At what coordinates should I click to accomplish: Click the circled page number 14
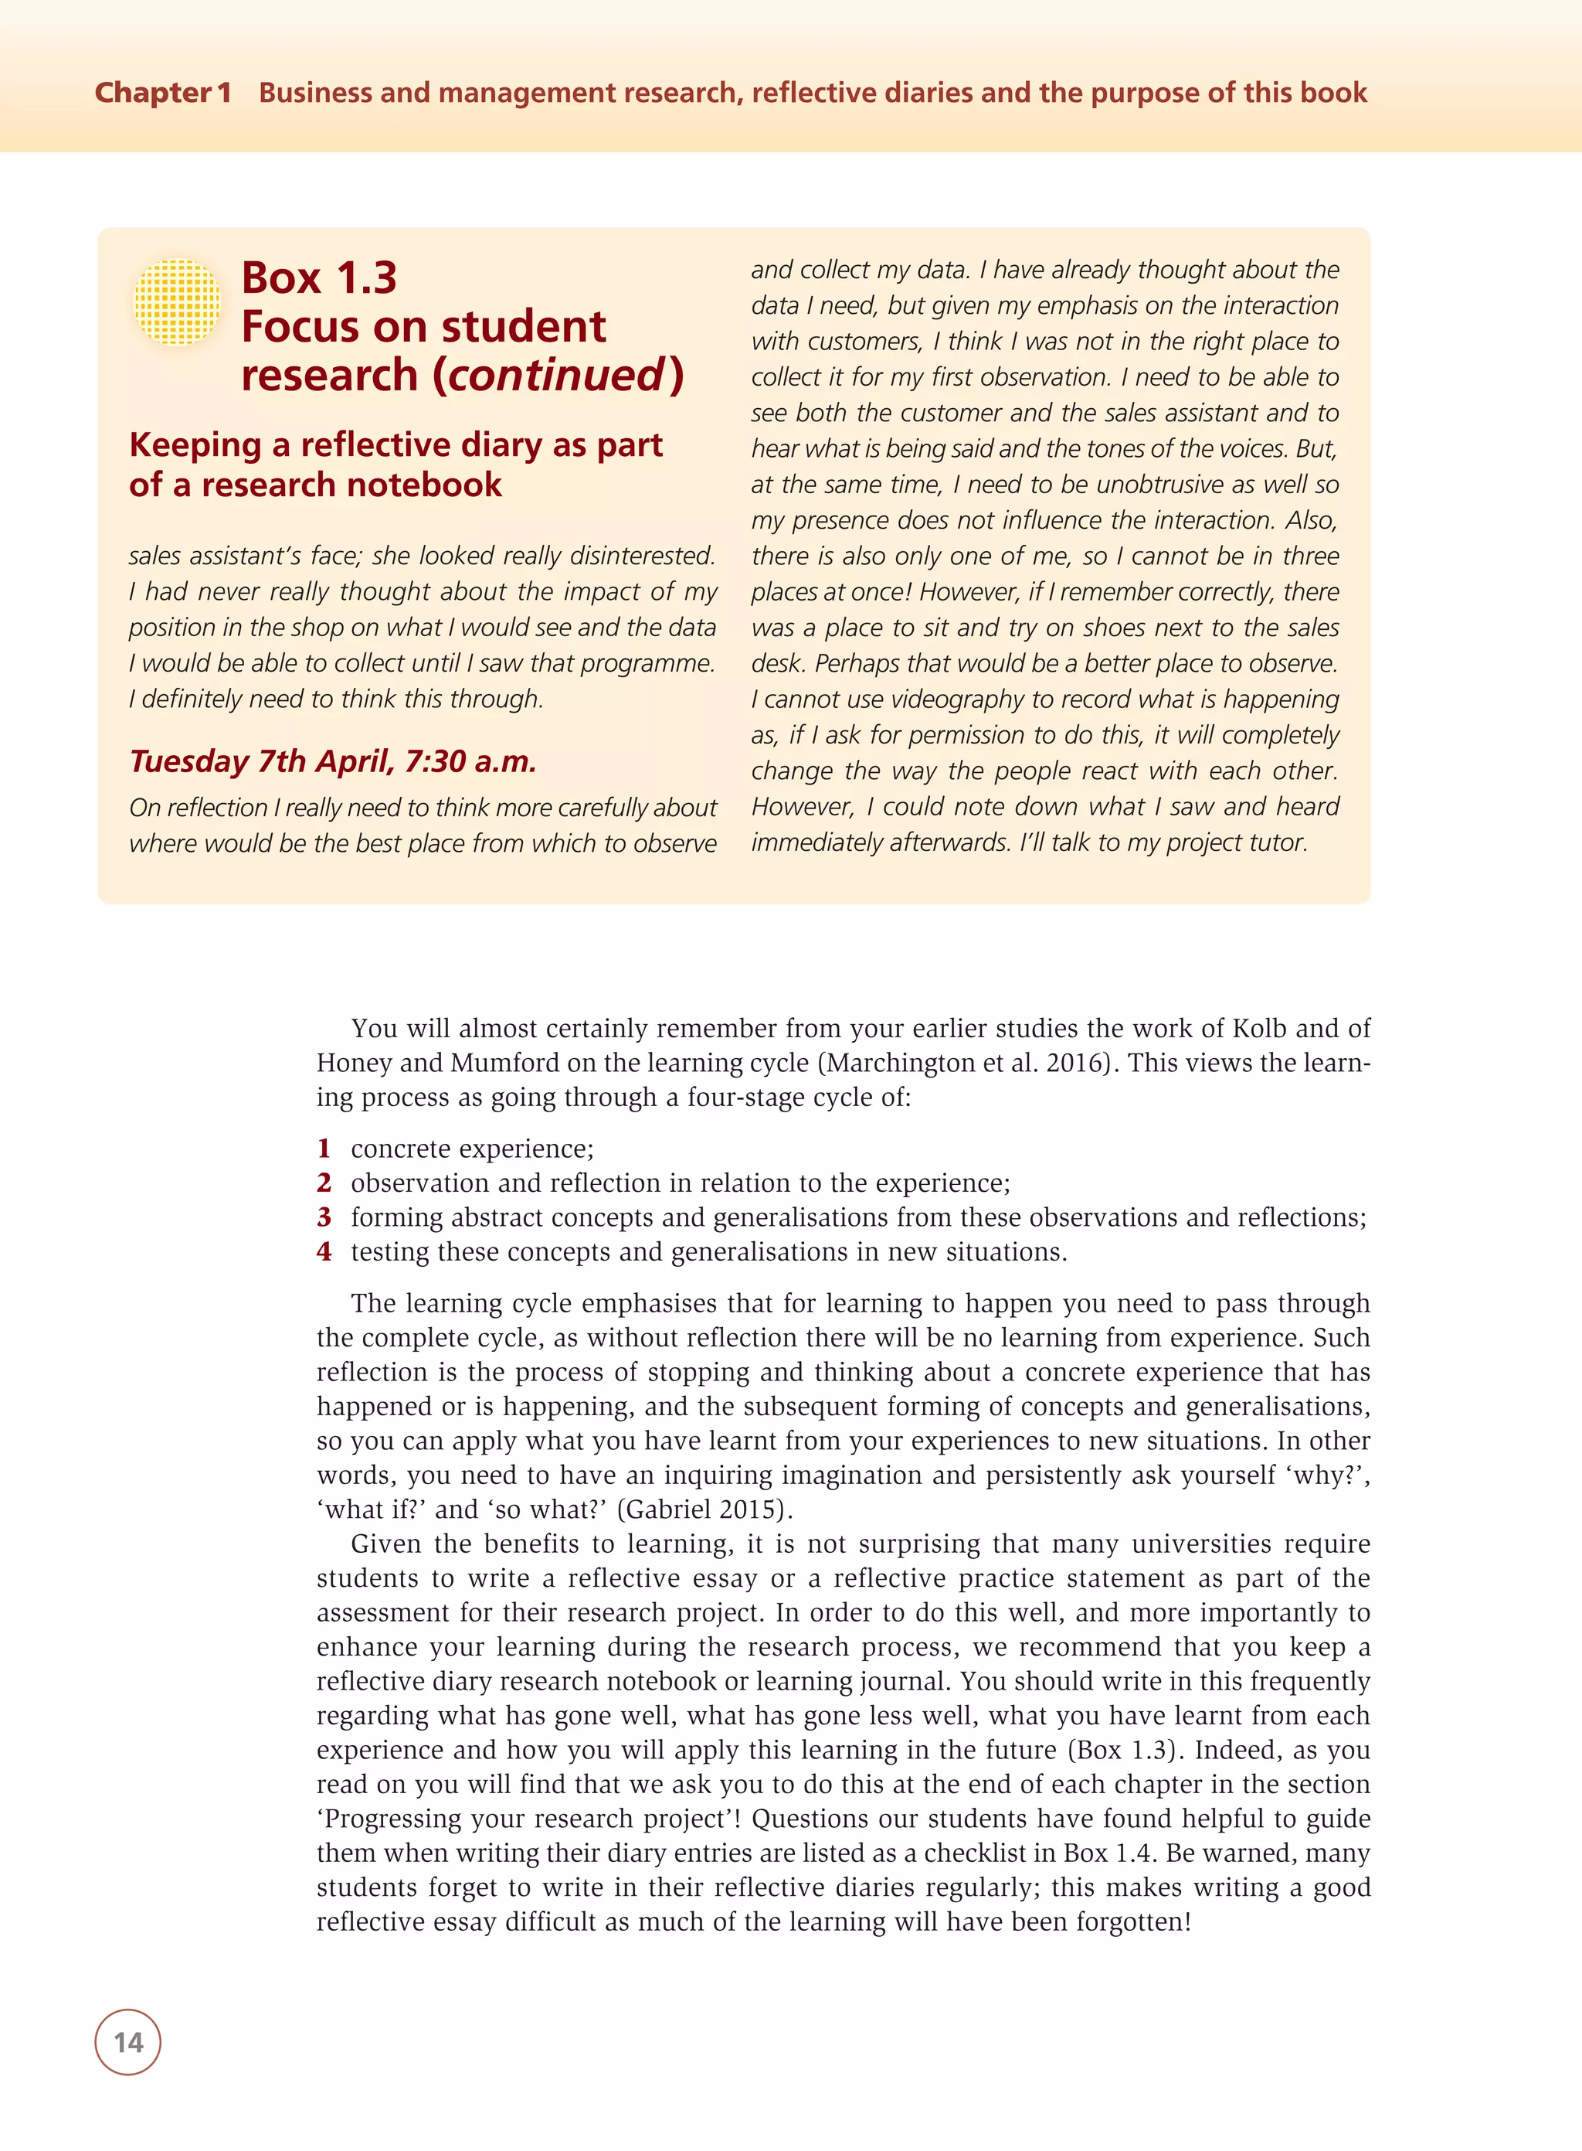127,2042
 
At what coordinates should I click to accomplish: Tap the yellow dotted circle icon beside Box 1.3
177,301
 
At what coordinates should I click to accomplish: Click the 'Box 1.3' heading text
319,277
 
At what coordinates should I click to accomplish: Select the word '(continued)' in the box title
558,375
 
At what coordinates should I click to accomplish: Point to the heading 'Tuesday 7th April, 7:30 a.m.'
332,761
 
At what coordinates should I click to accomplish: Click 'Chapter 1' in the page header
163,93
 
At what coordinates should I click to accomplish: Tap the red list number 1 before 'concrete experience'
324,1148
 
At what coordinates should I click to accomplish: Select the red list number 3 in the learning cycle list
324,1217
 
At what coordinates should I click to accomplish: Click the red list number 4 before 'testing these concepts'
324,1251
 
